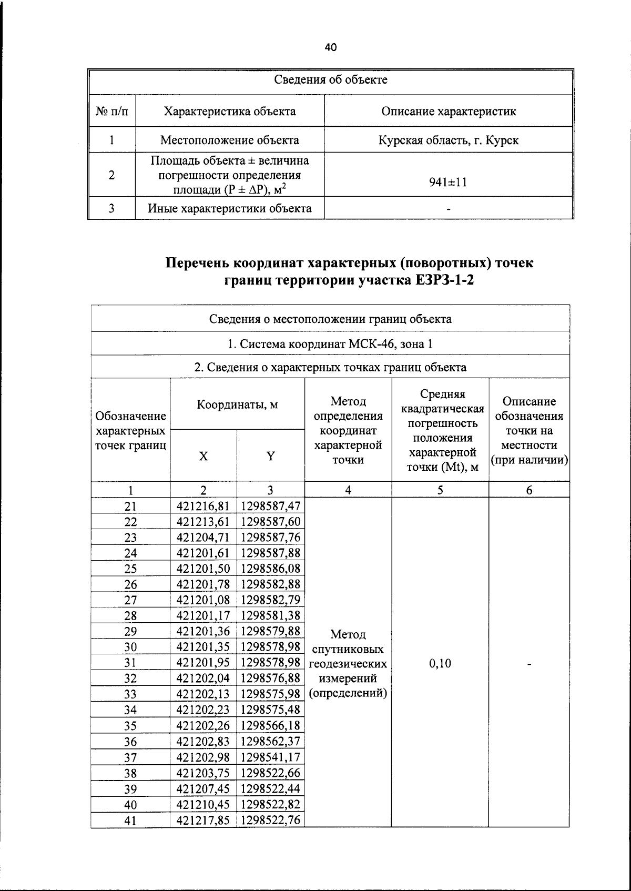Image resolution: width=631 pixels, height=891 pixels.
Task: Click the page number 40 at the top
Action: tap(330, 48)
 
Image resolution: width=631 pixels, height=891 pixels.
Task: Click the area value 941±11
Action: tap(448, 183)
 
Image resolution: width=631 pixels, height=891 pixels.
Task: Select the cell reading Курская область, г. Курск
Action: tap(448, 140)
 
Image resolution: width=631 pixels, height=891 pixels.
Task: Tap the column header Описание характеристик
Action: tap(448, 112)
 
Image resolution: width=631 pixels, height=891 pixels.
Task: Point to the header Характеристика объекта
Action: tap(230, 112)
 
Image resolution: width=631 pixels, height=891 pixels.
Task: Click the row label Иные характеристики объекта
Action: tap(230, 208)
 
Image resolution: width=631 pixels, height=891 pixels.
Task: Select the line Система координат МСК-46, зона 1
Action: tap(330, 344)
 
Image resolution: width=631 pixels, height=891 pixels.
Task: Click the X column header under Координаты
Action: tap(203, 457)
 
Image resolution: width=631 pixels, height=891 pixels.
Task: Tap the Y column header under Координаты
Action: tap(270, 457)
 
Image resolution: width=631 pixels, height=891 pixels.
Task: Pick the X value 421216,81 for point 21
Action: tap(203, 506)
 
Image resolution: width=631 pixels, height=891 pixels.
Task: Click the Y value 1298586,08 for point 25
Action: tap(270, 569)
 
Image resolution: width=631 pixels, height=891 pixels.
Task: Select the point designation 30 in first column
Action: tap(130, 647)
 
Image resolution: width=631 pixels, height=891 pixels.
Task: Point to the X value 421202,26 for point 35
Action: tap(203, 726)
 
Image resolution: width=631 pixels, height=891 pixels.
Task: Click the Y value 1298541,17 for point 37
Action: tap(270, 757)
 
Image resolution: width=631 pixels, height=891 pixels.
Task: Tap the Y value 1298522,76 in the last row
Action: tap(270, 820)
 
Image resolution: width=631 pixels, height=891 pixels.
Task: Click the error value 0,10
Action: tap(440, 663)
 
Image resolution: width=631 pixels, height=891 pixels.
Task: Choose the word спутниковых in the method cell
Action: tap(348, 650)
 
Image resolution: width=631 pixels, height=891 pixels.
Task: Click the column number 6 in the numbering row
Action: tap(529, 490)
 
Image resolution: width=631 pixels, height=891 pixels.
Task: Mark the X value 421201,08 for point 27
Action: tap(203, 600)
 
